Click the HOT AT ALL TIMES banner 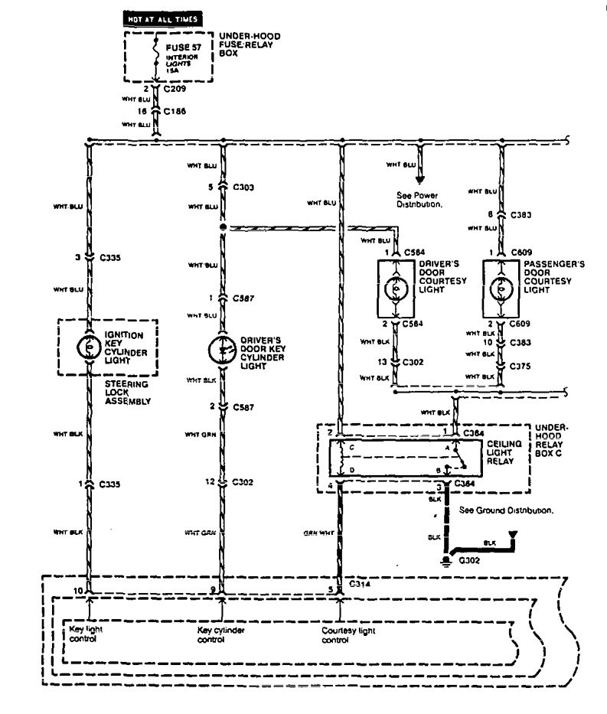coord(165,18)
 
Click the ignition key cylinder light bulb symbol coord(89,347)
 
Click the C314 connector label coord(360,583)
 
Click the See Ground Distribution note coord(506,510)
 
